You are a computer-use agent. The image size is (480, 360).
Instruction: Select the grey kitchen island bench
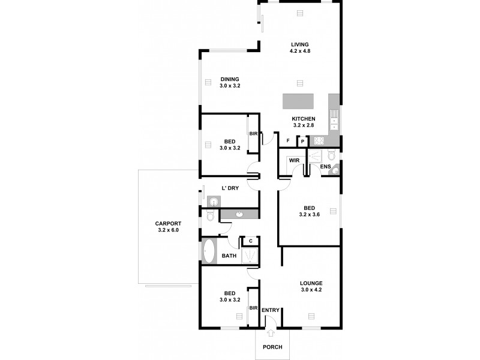299,101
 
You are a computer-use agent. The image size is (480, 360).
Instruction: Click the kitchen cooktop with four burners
319,142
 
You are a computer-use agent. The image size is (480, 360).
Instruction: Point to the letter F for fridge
289,141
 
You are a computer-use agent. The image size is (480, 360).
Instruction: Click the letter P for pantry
302,142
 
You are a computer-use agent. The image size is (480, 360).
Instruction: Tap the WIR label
294,160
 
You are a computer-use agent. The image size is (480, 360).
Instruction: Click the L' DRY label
230,188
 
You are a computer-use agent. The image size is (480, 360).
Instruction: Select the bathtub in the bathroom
209,251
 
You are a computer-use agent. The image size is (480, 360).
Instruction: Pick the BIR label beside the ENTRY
253,308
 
